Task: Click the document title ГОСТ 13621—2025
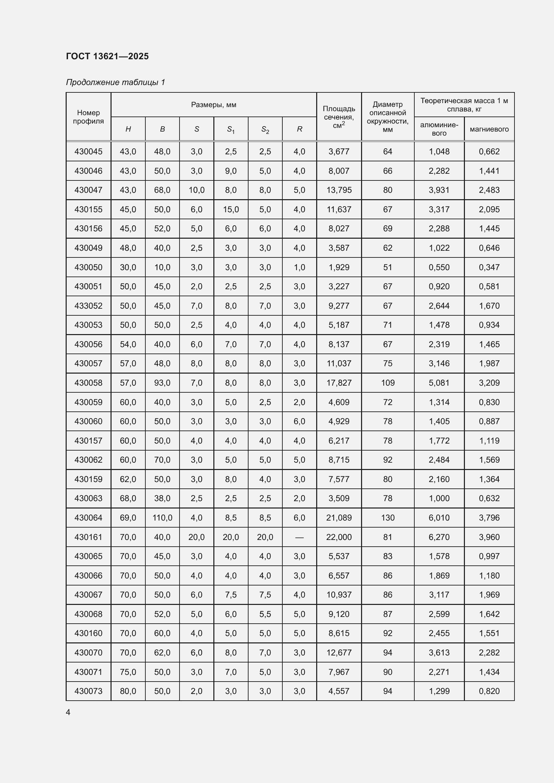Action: pos(107,56)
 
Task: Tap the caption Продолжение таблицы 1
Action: pos(115,82)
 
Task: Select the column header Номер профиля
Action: pos(88,116)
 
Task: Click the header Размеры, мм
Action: pos(214,105)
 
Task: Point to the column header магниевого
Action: pos(489,129)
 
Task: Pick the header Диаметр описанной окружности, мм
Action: pos(388,116)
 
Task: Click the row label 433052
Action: pos(88,306)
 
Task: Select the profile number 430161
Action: pos(88,537)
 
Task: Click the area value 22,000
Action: pos(339,537)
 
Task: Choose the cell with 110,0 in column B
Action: pos(162,518)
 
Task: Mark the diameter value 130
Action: pos(388,518)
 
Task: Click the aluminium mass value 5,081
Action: pos(439,383)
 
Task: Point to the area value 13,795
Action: pos(339,190)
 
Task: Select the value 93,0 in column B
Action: pos(162,383)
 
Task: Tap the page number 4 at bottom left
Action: pos(68,712)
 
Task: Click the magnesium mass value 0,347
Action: pos(489,267)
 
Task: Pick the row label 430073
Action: pos(88,691)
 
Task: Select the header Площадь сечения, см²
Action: pos(339,116)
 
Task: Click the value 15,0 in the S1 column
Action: pos(231,209)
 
